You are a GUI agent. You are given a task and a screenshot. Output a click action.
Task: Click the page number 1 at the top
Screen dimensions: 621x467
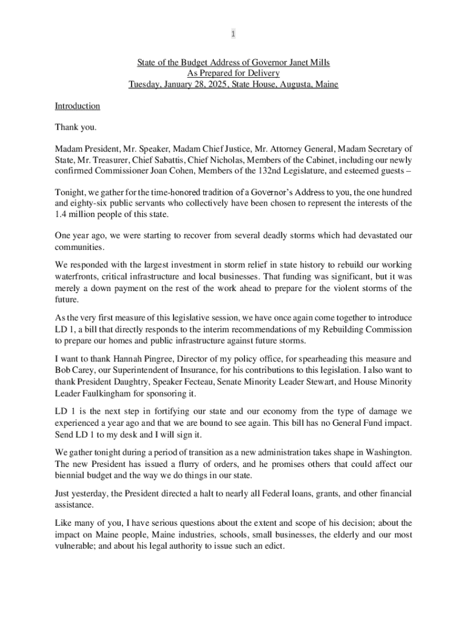click(233, 35)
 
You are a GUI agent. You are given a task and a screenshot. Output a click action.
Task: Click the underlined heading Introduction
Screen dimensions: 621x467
click(77, 106)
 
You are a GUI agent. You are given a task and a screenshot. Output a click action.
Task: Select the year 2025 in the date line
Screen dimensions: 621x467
click(208, 84)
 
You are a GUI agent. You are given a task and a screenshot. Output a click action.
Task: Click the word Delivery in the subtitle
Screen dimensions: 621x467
click(264, 73)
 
